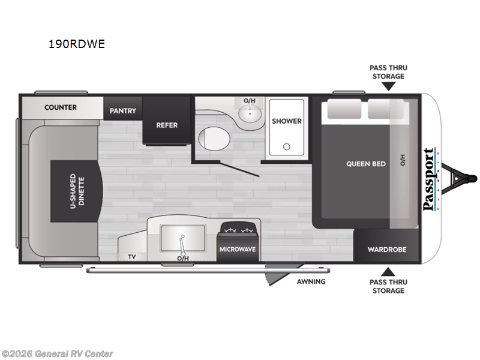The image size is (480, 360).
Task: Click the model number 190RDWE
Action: click(77, 44)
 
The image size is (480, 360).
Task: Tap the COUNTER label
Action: click(61, 107)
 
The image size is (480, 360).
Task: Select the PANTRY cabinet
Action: click(123, 109)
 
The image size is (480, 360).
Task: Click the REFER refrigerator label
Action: click(167, 125)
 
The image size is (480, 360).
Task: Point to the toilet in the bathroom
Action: click(214, 139)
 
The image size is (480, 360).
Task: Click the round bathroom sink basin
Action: click(250, 114)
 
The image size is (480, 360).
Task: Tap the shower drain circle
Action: click(287, 146)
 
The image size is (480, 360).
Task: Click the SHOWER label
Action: click(287, 121)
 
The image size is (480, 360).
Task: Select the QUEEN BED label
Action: click(366, 164)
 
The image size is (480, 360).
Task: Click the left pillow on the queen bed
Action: click(344, 109)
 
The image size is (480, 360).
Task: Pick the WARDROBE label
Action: click(387, 250)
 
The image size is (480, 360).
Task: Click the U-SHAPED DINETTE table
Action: click(77, 191)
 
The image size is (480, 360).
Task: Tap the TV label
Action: click(132, 257)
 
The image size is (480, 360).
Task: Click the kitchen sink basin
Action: click(183, 238)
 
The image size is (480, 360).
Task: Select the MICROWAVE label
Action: click(238, 250)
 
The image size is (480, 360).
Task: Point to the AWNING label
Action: click(311, 281)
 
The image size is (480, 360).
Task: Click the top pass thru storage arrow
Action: click(388, 86)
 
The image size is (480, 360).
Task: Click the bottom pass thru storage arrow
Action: click(388, 272)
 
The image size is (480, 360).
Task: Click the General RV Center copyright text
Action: click(57, 354)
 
